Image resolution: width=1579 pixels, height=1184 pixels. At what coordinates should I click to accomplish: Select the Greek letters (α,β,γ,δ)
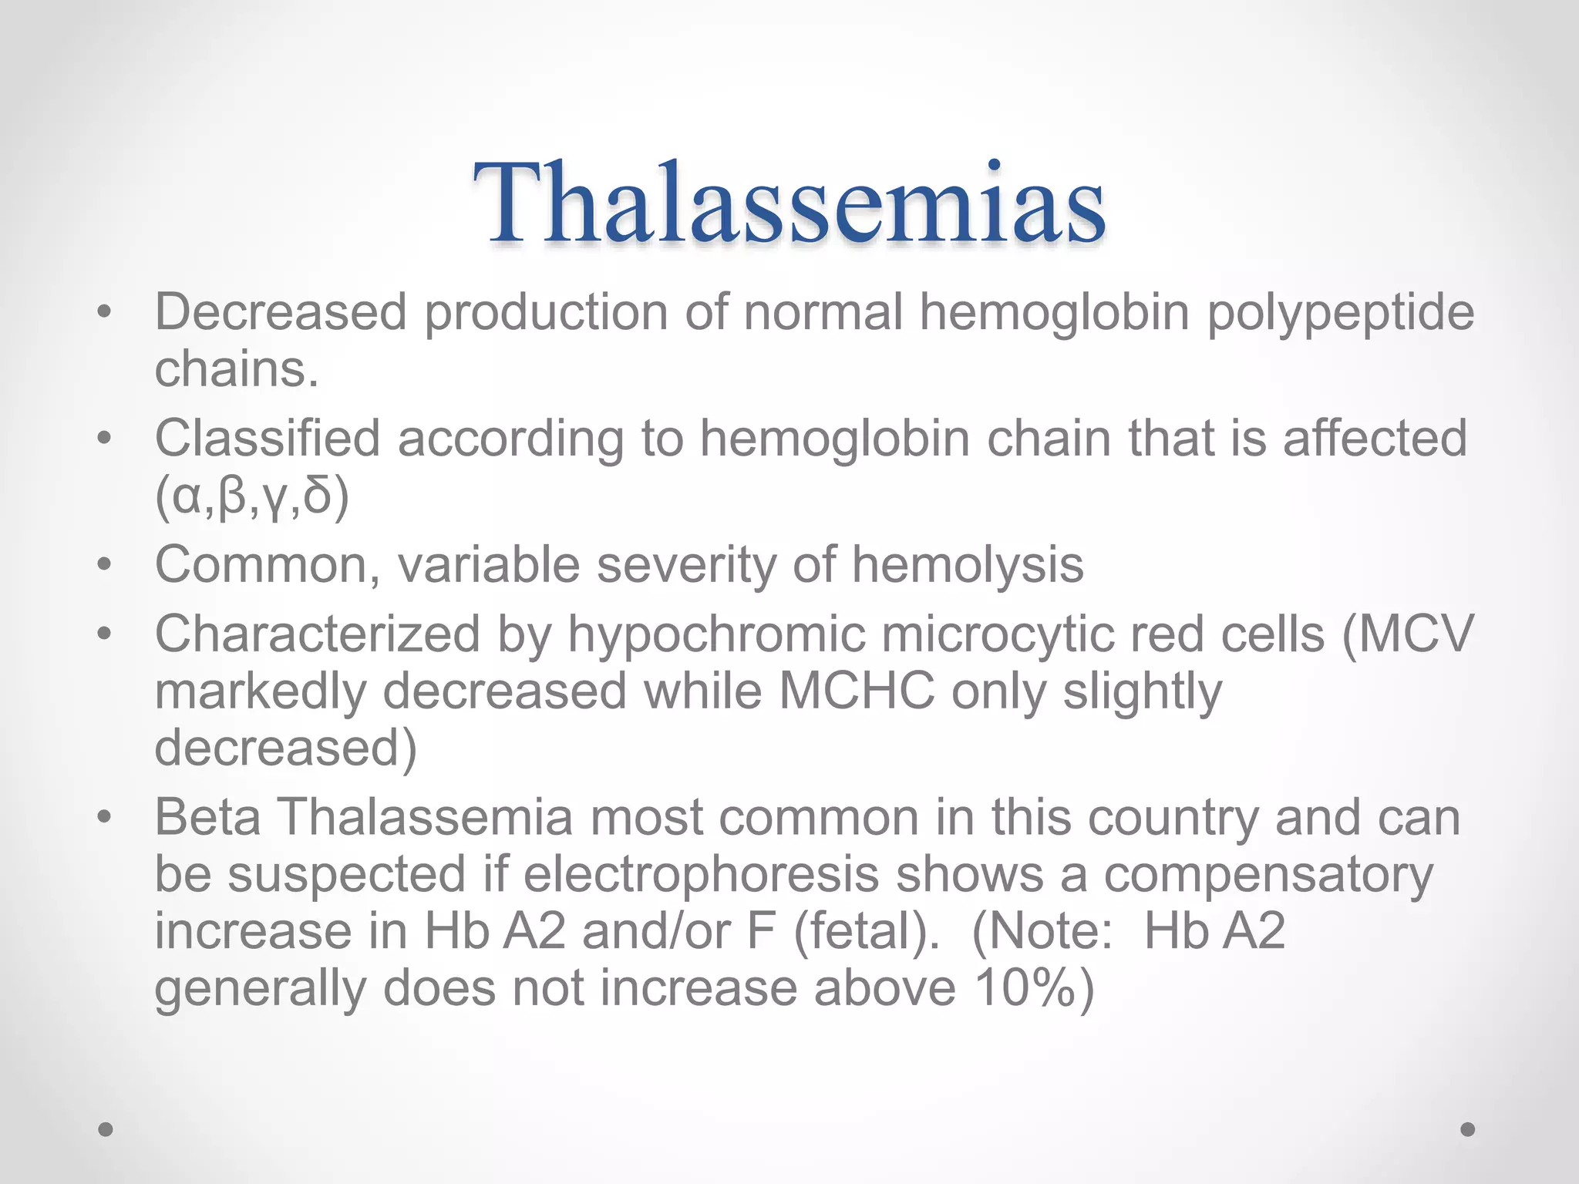252,496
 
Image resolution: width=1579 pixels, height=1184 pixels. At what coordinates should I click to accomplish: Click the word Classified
268,439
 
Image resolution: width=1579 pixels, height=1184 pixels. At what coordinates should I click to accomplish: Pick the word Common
268,565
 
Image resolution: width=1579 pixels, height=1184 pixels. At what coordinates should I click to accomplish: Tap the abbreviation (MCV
1407,634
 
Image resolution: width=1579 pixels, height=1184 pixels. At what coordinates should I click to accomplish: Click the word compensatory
1268,875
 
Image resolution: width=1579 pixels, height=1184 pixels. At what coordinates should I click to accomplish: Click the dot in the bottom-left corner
106,1129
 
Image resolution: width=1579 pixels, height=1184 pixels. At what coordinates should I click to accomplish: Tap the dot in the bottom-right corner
1467,1129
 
